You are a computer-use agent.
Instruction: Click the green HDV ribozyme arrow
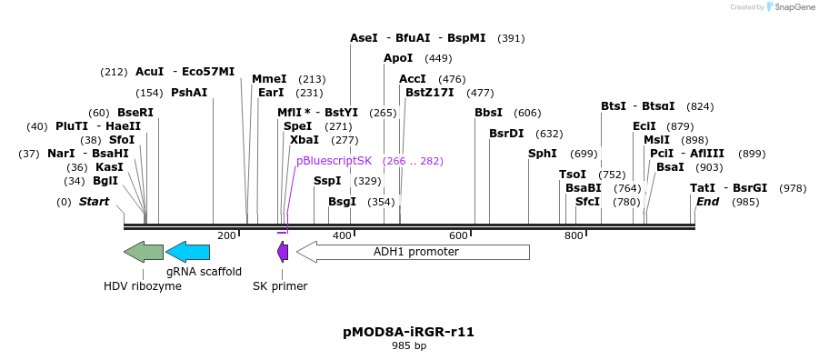tap(144, 252)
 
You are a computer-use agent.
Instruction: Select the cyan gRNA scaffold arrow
tap(188, 252)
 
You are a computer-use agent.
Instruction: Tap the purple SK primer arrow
tap(283, 252)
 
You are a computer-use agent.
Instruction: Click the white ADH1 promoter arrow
tap(413, 252)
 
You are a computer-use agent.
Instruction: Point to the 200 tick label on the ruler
tap(226, 235)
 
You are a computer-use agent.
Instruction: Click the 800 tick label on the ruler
tap(574, 235)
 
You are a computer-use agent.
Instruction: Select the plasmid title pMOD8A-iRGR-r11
tap(409, 332)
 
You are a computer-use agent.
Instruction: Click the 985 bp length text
tap(409, 345)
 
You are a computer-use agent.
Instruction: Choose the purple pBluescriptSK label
tap(335, 160)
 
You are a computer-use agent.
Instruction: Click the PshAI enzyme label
tap(189, 93)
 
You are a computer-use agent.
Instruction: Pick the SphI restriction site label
tap(543, 154)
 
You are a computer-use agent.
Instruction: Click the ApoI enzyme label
tap(398, 58)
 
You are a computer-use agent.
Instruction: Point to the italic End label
tap(708, 201)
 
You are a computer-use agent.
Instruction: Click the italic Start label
tap(94, 201)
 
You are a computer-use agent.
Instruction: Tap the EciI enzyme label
tap(644, 126)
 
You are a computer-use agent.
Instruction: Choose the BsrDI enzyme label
tap(506, 134)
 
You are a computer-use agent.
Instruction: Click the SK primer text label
tap(280, 286)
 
